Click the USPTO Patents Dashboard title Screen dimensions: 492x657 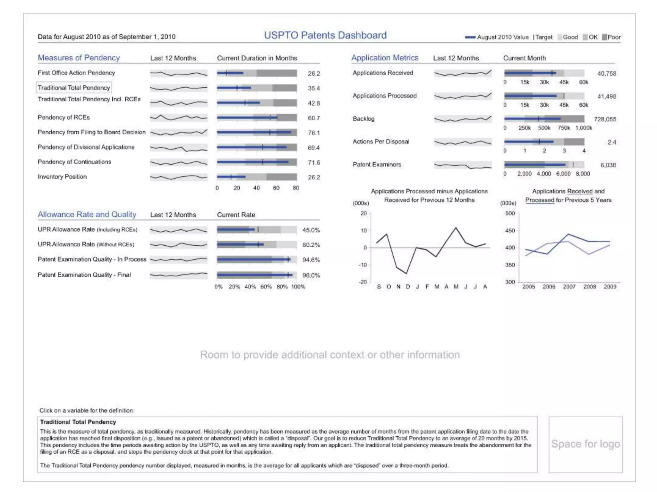325,35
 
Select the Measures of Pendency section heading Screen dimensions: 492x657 79,58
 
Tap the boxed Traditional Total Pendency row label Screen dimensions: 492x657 74,88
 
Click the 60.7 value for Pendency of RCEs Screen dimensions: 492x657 314,118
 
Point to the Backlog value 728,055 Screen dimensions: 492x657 605,119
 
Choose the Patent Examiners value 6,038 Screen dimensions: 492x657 608,165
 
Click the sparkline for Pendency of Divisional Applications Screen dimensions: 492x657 179,148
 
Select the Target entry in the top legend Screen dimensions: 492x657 543,37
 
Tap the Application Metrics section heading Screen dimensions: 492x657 385,58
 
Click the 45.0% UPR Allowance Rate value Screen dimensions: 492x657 311,230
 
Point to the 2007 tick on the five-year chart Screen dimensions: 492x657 569,287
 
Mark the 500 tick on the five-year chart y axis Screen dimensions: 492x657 510,214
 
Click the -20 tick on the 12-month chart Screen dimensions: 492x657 363,282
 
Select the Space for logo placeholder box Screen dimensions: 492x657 585,444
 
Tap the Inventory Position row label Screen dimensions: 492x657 62,177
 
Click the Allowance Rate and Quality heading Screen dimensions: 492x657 87,214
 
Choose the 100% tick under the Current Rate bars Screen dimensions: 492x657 298,287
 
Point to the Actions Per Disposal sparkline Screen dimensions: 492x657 463,142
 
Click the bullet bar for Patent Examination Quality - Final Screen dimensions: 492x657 257,275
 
